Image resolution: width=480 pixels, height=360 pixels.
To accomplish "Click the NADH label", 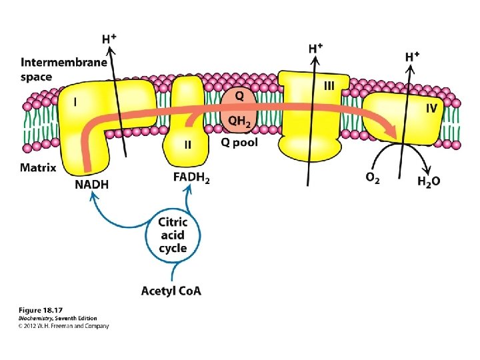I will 91,185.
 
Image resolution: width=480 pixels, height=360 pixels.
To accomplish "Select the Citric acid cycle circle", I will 173,235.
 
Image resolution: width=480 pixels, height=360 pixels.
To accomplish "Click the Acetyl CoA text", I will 171,290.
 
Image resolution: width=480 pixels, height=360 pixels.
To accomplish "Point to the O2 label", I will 373,179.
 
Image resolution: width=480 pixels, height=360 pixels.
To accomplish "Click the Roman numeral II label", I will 188,144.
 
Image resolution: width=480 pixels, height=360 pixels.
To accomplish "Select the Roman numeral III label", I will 329,86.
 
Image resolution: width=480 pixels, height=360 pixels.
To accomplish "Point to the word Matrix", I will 37,167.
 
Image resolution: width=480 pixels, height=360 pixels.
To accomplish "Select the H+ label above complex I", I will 109,39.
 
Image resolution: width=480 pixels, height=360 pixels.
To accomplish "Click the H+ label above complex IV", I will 413,56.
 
